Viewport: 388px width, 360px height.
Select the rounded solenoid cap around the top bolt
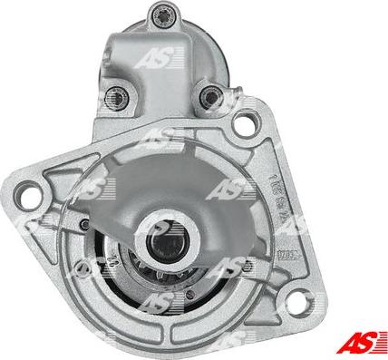[169, 24]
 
